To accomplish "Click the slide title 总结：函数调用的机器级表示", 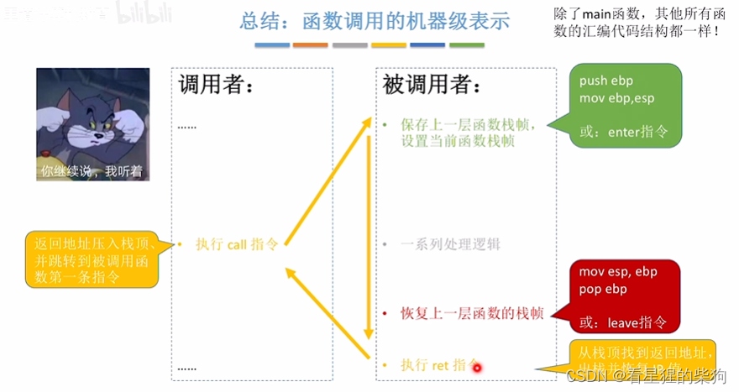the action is [375, 21].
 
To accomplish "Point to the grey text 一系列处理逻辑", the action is [450, 244].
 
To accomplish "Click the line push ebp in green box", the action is [606, 81].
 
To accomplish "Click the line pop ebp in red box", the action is [603, 289].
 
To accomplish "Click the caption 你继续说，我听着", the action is [92, 172].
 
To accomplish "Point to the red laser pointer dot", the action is [476, 367].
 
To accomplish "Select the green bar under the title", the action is [466, 44].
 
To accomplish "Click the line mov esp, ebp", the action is [618, 272].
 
